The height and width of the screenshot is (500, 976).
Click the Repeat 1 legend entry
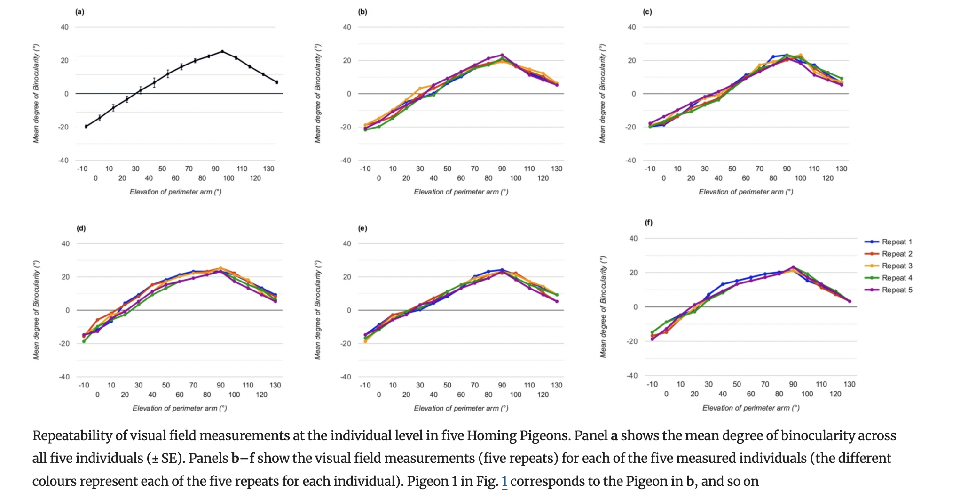pyautogui.click(x=896, y=242)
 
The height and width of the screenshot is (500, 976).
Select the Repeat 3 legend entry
pyautogui.click(x=896, y=266)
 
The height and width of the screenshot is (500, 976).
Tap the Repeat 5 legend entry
pyautogui.click(x=896, y=290)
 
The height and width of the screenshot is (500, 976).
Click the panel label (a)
pyautogui.click(x=80, y=12)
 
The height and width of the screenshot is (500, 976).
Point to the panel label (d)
pyautogui.click(x=81, y=228)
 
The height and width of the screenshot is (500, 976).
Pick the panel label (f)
pyautogui.click(x=648, y=222)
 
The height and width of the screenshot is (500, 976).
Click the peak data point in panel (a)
pyautogui.click(x=222, y=51)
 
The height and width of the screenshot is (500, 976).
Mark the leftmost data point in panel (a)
pyautogui.click(x=86, y=126)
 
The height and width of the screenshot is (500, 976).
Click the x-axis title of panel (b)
pyautogui.click(x=461, y=192)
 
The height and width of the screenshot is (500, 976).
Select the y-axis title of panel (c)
pyautogui.click(x=602, y=93)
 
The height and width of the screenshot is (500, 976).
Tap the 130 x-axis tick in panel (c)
pyautogui.click(x=841, y=169)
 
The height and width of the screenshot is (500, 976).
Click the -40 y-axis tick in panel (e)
pyautogui.click(x=346, y=377)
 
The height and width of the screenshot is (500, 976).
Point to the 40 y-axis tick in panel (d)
pyautogui.click(x=65, y=243)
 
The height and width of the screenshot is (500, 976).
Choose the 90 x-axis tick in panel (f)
pyautogui.click(x=793, y=384)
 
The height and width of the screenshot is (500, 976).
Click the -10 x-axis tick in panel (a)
pyautogui.click(x=82, y=169)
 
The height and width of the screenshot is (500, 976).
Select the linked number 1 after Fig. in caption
pyautogui.click(x=504, y=481)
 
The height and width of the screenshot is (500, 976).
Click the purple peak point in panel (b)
pyautogui.click(x=502, y=55)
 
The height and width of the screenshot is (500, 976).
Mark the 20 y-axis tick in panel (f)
pyautogui.click(x=633, y=273)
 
